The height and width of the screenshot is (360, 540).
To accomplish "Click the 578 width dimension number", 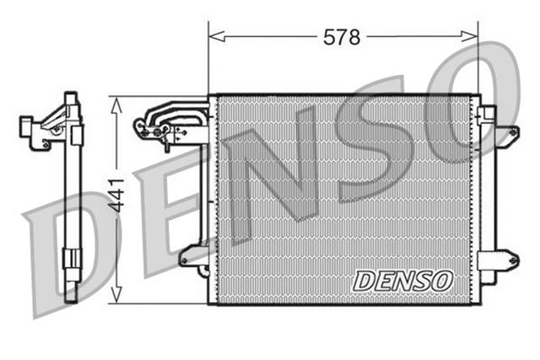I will pyautogui.click(x=343, y=37).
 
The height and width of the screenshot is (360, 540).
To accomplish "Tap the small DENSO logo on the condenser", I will pyautogui.click(x=403, y=280).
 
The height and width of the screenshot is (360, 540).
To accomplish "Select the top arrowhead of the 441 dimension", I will pyautogui.click(x=117, y=102).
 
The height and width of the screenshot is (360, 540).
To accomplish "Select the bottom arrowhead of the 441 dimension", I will pyautogui.click(x=117, y=297).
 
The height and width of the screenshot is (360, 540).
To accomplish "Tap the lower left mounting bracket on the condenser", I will pyautogui.click(x=194, y=255).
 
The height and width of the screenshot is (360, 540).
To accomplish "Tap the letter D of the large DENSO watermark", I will pyautogui.click(x=63, y=253).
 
